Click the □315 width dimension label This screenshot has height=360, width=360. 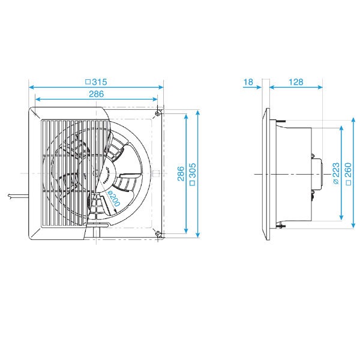(96, 82)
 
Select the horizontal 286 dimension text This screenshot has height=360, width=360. (96, 94)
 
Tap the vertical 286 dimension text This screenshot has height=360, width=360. (179, 174)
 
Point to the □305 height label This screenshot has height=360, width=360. (193, 174)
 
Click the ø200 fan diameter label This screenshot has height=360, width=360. (113, 199)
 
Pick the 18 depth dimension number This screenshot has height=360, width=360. (248, 82)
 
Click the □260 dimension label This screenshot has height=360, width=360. (348, 174)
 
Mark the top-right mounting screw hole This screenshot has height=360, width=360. (157, 113)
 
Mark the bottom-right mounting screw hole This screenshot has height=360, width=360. (157, 234)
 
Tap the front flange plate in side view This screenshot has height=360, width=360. (267, 174)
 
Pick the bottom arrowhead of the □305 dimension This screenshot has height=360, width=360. (197, 235)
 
